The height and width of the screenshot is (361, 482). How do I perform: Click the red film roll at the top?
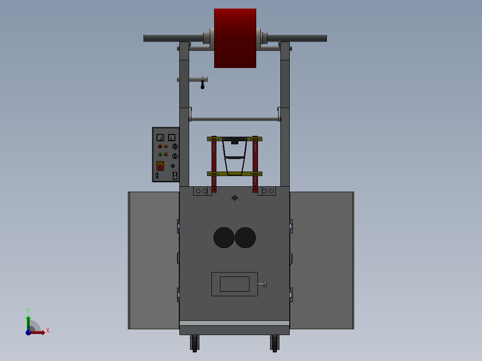pos(235,38)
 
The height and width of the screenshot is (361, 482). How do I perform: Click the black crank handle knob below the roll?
pos(203,85)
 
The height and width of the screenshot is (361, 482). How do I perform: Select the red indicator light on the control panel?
pos(160,147)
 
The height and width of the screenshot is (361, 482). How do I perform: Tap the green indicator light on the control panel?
pos(160,155)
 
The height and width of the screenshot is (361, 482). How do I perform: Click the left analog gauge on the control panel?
pos(160,137)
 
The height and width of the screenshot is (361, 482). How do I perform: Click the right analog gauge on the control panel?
pos(171,137)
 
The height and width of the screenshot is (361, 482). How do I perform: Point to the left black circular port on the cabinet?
pos(224,238)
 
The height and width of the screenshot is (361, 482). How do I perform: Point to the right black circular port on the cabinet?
pos(245,238)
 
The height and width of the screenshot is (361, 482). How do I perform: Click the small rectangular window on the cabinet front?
pos(234,284)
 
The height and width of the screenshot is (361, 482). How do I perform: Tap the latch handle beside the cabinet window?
pos(263,285)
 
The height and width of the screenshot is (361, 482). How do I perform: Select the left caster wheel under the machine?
pos(195,343)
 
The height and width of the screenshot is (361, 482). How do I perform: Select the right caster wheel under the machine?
pos(275,343)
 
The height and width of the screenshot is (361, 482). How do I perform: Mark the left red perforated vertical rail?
pos(214,163)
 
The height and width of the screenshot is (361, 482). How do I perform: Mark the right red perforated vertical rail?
pos(255,163)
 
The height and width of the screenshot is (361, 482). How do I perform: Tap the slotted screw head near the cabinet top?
pos(235,198)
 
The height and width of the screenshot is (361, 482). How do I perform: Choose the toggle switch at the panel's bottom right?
pos(175,176)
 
